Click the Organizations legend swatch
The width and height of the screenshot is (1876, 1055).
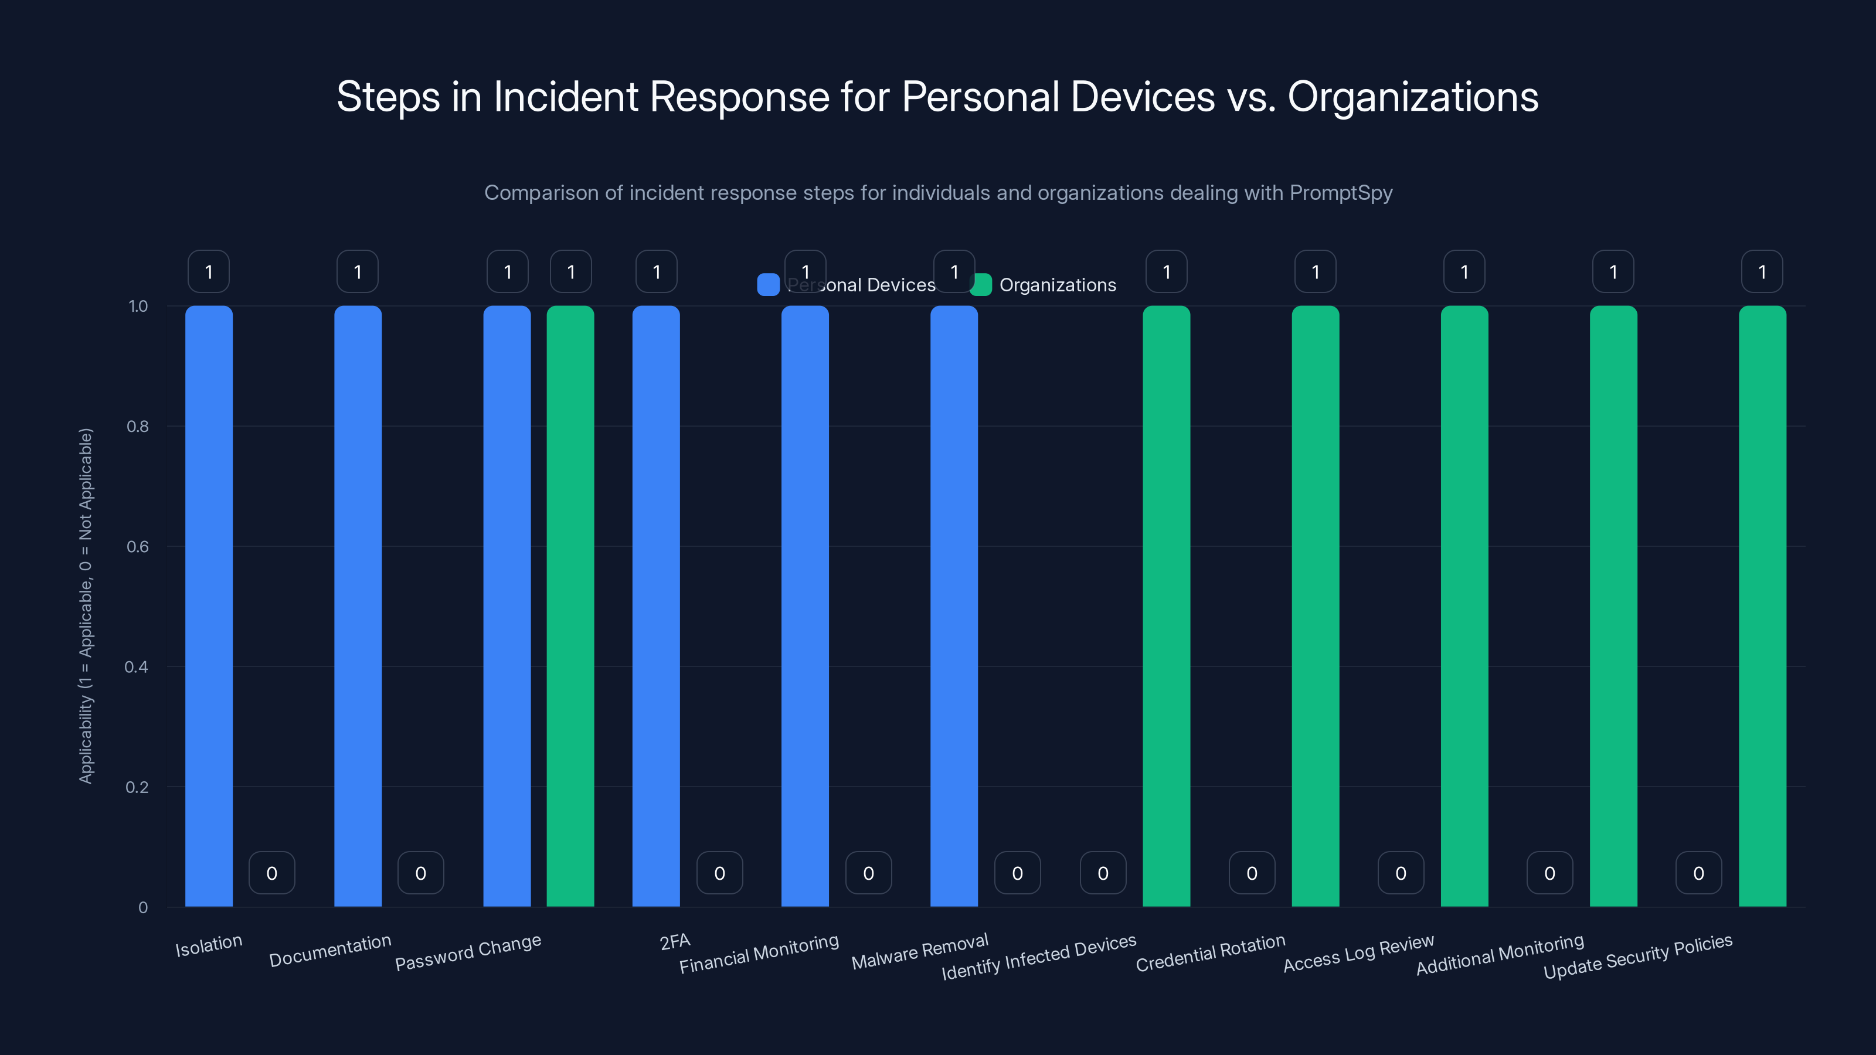(x=981, y=285)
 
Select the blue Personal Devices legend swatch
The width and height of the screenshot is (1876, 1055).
(x=769, y=285)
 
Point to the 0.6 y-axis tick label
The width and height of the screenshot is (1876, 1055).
(x=137, y=547)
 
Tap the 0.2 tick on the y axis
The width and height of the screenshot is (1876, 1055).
(x=137, y=787)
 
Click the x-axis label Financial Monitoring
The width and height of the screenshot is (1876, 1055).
(x=759, y=954)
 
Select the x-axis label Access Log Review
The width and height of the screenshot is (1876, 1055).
(x=1358, y=953)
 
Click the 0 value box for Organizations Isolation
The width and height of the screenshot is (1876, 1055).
(x=271, y=873)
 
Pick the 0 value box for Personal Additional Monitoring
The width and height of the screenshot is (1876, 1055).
(x=1549, y=873)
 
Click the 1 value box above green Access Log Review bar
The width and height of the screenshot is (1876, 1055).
(x=1464, y=271)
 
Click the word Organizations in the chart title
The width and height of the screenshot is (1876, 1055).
(x=1413, y=97)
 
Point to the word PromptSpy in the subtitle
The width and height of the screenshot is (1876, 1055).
(x=1341, y=193)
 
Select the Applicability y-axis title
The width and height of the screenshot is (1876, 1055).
(x=86, y=606)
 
